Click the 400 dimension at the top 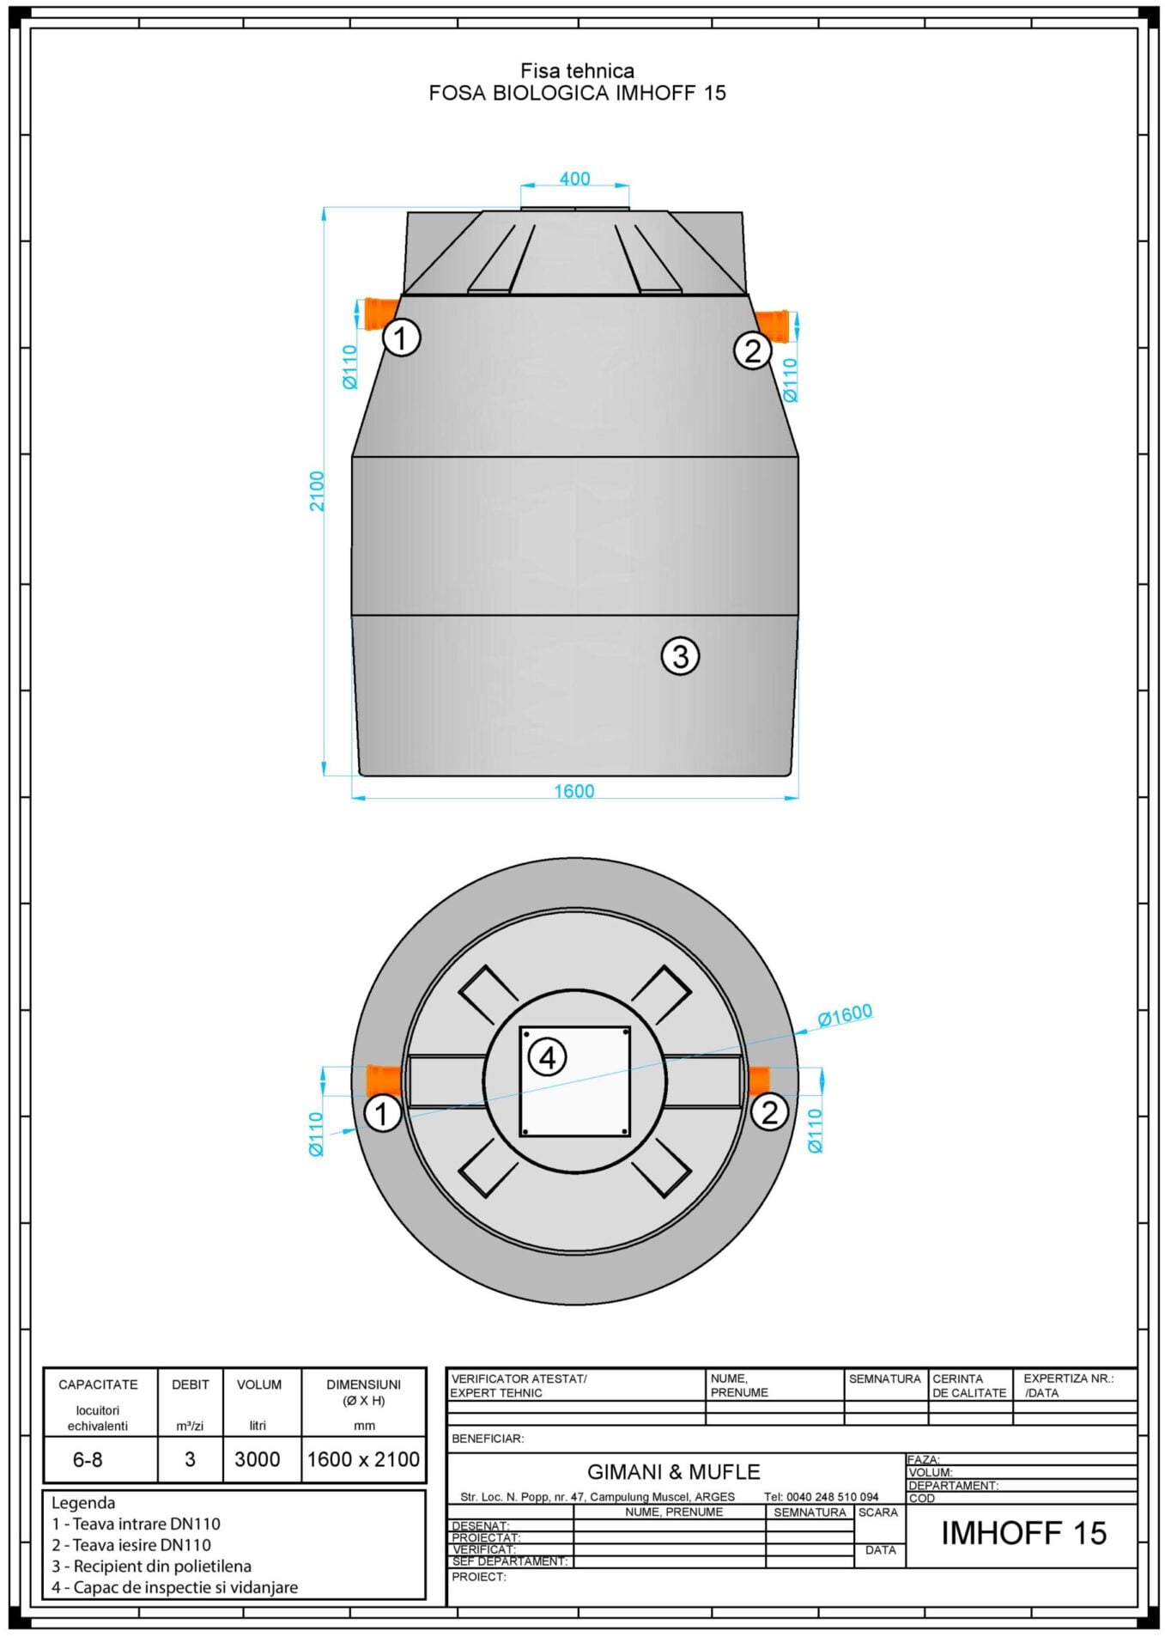[x=574, y=179]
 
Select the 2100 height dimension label [x=318, y=491]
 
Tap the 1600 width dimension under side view [x=573, y=790]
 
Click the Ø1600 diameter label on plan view [x=845, y=1015]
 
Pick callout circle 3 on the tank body [x=680, y=657]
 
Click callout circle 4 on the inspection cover [x=547, y=1057]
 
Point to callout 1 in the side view [x=401, y=338]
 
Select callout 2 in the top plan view [x=769, y=1113]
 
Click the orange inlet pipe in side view [x=378, y=313]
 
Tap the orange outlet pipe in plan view [x=759, y=1080]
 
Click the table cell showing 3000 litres [x=258, y=1459]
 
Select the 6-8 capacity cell [x=88, y=1459]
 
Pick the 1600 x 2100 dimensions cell [x=363, y=1459]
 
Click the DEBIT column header [x=190, y=1384]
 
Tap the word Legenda [x=83, y=1503]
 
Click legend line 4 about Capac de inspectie [x=175, y=1587]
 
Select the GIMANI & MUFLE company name [x=673, y=1472]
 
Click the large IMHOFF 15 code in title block [x=1023, y=1533]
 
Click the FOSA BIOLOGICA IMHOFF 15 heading [x=577, y=93]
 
